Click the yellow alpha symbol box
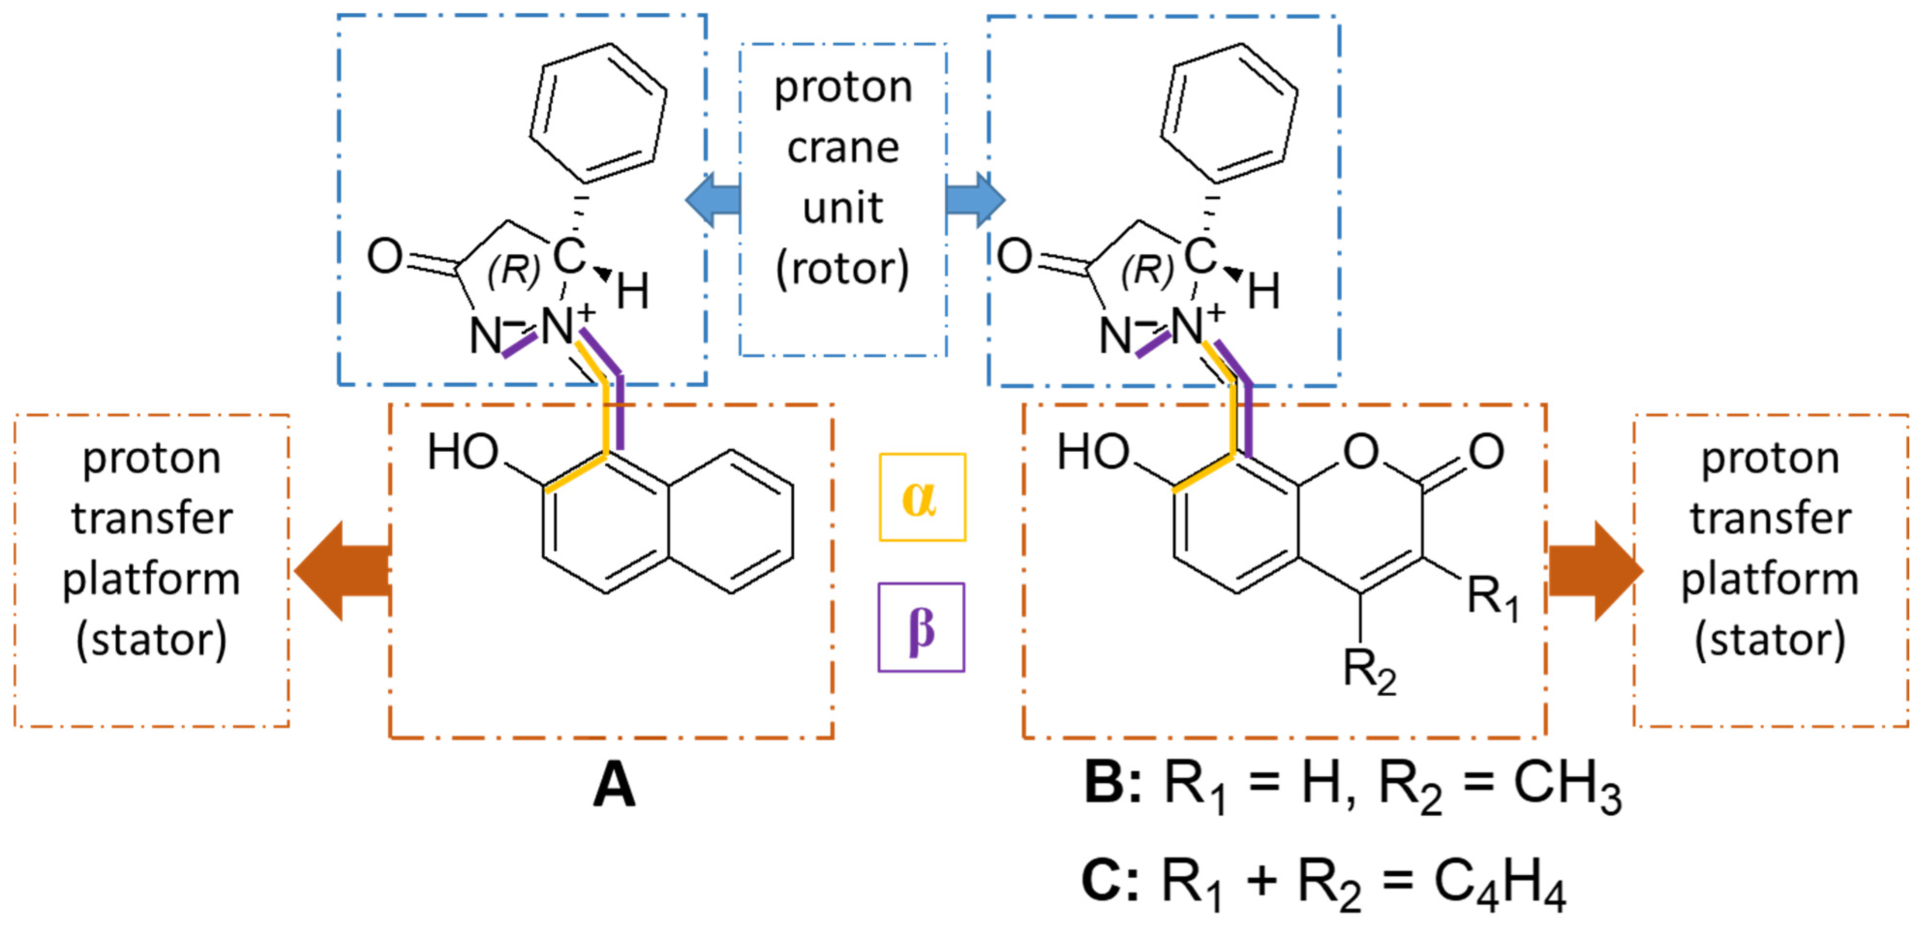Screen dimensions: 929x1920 [x=922, y=497]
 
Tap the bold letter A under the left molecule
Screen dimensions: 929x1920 [x=614, y=787]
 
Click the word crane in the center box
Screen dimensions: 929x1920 [x=843, y=148]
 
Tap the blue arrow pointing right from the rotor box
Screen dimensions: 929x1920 [x=974, y=200]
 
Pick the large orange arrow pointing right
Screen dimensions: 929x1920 [x=1595, y=571]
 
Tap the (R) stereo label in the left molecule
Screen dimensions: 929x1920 [x=514, y=270]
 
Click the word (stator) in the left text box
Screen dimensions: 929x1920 [x=151, y=640]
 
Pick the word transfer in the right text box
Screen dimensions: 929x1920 [x=1770, y=518]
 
